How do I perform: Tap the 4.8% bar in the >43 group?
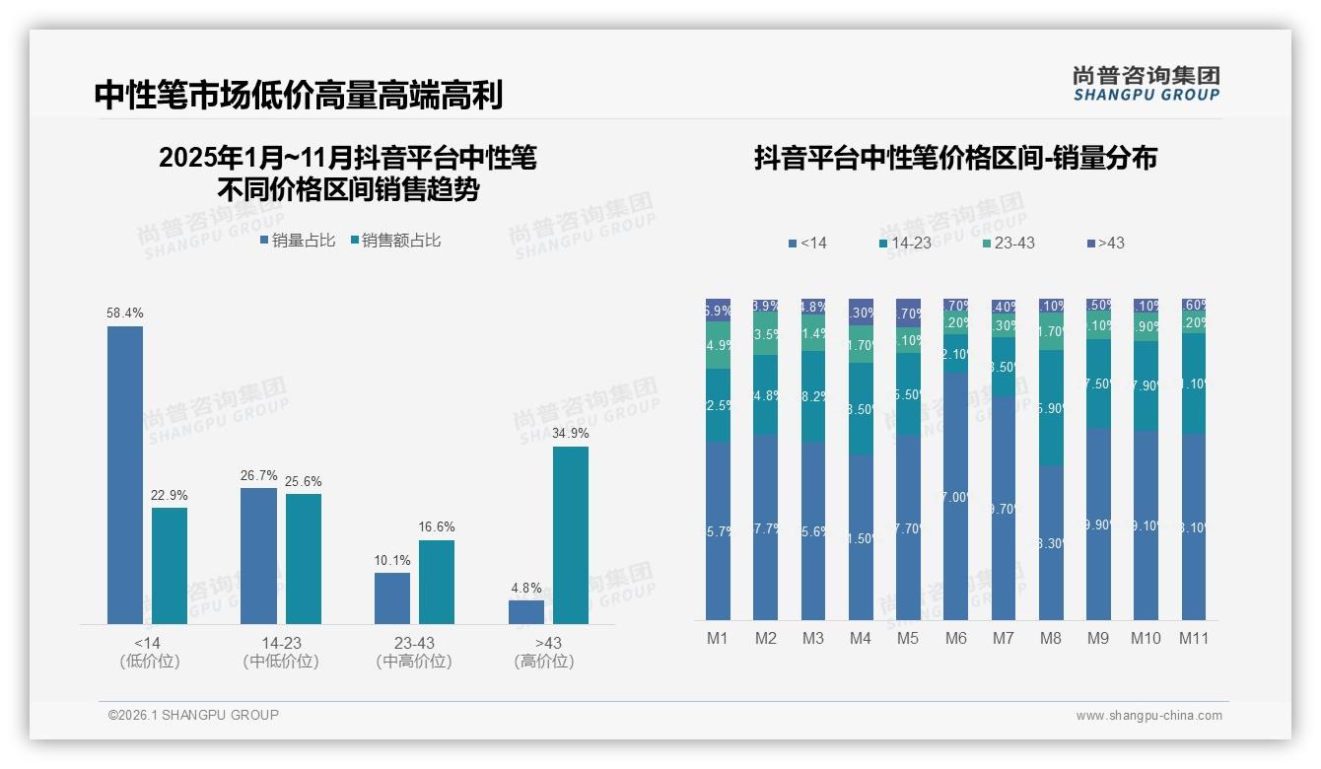click(526, 612)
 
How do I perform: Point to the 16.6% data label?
click(436, 527)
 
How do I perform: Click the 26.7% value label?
click(258, 475)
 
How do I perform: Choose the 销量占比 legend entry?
click(297, 240)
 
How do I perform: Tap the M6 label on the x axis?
click(955, 638)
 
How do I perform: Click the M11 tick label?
click(1194, 638)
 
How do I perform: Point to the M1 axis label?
click(718, 638)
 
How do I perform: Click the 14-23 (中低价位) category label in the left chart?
click(280, 652)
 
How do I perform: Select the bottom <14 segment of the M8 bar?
click(1051, 542)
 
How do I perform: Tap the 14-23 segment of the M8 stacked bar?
click(1051, 407)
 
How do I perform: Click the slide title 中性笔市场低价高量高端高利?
click(299, 95)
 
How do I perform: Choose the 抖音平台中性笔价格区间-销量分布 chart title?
click(955, 158)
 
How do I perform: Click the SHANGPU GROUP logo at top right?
click(1146, 83)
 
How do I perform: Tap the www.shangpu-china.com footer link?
click(1148, 716)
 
